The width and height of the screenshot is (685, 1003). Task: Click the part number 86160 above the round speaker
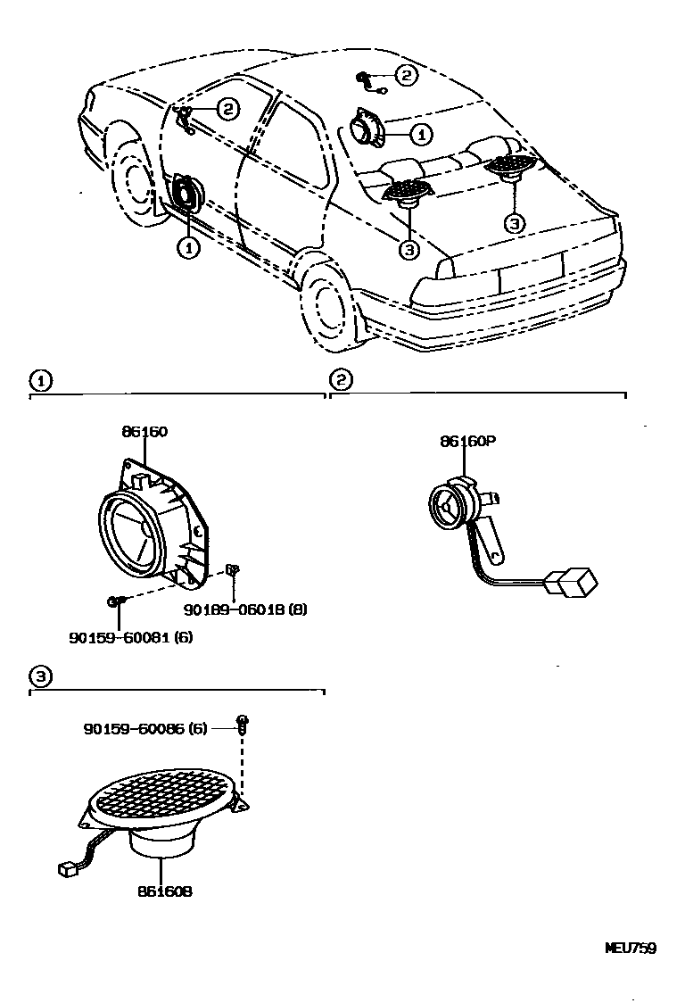[x=144, y=431]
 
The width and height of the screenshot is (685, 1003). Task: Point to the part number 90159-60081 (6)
[x=131, y=637]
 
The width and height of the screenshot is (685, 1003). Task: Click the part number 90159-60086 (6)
[x=145, y=728]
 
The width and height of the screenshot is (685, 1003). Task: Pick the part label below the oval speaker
[x=165, y=891]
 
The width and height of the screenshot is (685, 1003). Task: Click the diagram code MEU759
[x=631, y=949]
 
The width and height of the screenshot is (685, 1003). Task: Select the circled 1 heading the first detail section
[x=39, y=380]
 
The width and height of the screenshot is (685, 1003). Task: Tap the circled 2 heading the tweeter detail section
[x=340, y=380]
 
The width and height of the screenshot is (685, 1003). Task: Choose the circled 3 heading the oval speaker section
[x=39, y=676]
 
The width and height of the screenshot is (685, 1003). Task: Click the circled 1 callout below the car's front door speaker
[x=187, y=247]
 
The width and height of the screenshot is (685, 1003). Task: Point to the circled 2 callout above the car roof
[x=406, y=76]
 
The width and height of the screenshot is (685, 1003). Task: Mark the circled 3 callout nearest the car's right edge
[x=514, y=223]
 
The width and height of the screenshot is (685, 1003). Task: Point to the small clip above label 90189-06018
[x=231, y=569]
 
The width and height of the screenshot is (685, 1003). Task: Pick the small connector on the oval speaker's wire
[x=66, y=866]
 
